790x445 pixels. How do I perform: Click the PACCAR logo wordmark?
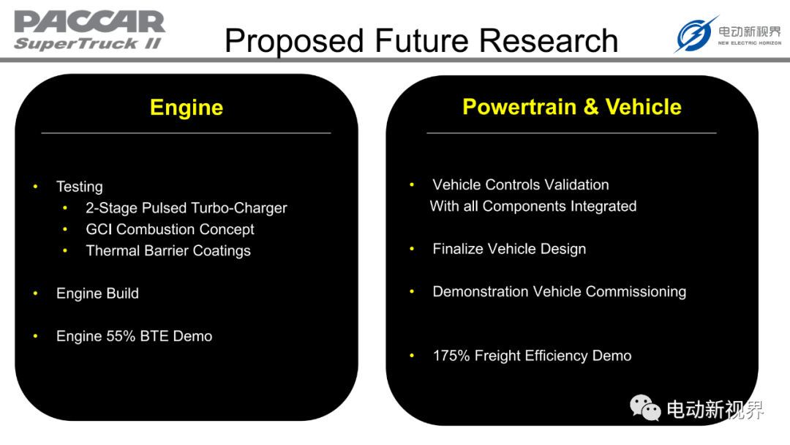(x=90, y=22)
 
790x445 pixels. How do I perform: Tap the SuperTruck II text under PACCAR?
(x=89, y=43)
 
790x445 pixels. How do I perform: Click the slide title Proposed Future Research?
(x=421, y=41)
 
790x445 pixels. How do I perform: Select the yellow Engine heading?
(x=187, y=108)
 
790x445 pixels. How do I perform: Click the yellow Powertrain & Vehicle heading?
(x=572, y=107)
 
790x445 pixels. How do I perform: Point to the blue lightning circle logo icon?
(x=696, y=34)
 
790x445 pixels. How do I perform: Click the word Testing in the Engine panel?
(x=80, y=187)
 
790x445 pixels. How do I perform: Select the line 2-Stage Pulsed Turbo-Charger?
(x=187, y=208)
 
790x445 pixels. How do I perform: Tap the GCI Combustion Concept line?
(x=170, y=229)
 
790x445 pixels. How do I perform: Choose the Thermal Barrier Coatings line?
(x=168, y=250)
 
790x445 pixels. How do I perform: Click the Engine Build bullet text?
(x=97, y=293)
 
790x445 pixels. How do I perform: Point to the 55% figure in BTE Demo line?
(x=121, y=336)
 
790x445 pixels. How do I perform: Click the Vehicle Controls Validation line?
(x=521, y=184)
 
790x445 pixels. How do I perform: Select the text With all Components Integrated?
(x=533, y=206)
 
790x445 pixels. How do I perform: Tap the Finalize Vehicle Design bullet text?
(x=509, y=249)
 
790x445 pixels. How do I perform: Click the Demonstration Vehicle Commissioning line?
(x=560, y=291)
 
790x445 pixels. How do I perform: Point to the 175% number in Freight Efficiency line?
(x=451, y=356)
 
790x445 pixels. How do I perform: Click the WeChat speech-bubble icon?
(x=645, y=408)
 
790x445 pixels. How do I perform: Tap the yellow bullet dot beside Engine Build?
(x=35, y=293)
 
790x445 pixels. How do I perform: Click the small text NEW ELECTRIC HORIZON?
(x=750, y=43)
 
